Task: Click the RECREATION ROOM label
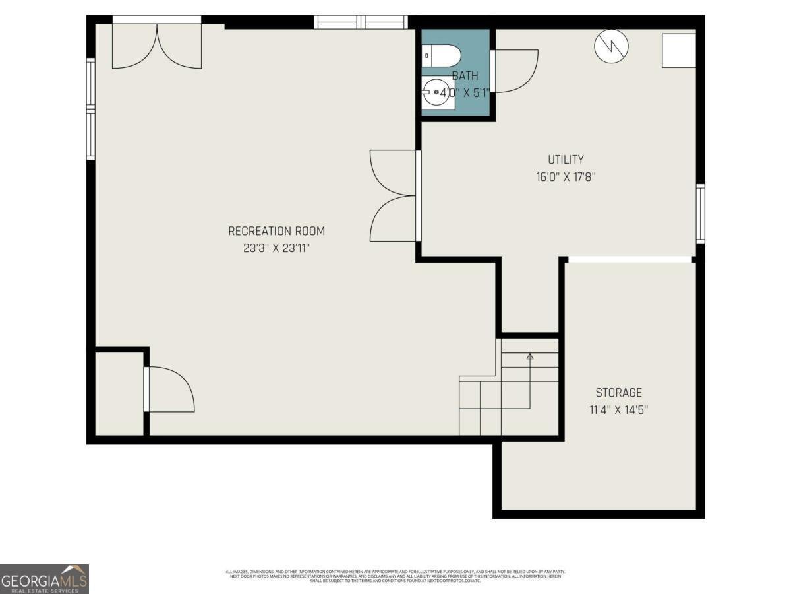(x=276, y=231)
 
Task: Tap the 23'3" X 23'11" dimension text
(x=276, y=249)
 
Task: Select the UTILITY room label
(x=566, y=159)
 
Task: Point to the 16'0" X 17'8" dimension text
(x=566, y=177)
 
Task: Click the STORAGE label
(x=618, y=392)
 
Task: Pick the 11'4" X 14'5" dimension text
(x=618, y=410)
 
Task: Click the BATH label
(x=465, y=76)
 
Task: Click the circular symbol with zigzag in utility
(x=611, y=46)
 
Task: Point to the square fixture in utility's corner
(x=679, y=50)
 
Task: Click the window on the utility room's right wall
(x=700, y=214)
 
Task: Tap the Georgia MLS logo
(x=44, y=579)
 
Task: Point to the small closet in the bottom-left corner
(x=119, y=394)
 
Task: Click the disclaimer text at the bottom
(x=395, y=576)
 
